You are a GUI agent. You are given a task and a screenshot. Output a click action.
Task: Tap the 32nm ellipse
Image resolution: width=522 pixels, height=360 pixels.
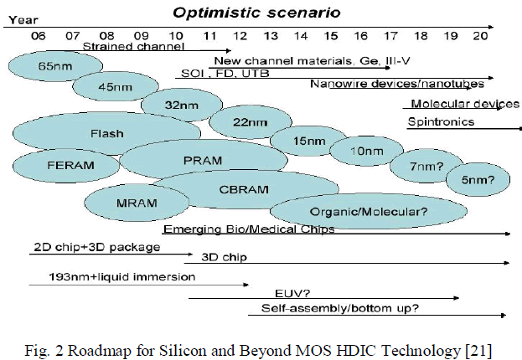174,105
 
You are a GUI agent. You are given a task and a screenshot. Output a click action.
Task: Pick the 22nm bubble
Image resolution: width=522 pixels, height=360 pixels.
244,122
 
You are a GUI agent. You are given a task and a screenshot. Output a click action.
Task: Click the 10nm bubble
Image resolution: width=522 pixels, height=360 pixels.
361,151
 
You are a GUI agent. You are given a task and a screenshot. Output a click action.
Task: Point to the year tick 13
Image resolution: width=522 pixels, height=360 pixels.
270,36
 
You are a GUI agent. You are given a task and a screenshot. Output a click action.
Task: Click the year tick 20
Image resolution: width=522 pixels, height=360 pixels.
480,36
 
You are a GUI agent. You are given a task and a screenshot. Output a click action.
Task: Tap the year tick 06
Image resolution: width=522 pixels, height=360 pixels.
39,36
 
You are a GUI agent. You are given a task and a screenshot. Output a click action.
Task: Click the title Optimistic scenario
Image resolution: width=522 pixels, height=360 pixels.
244,12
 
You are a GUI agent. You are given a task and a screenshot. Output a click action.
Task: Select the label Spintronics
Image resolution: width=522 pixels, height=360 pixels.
441,122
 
